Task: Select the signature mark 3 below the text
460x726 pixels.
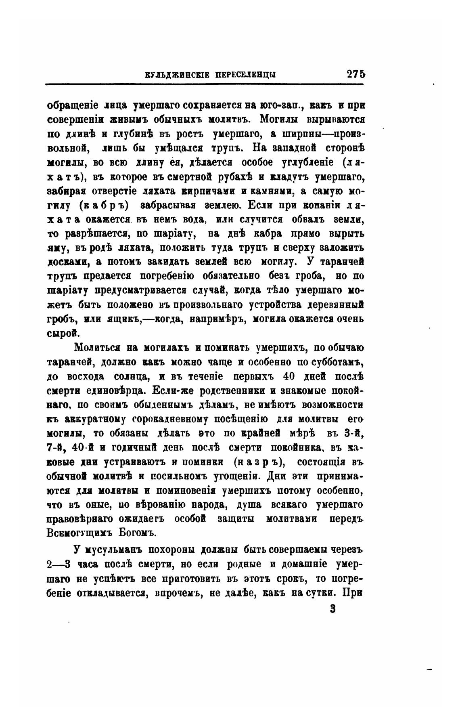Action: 332,608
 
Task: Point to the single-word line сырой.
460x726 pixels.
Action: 61,334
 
